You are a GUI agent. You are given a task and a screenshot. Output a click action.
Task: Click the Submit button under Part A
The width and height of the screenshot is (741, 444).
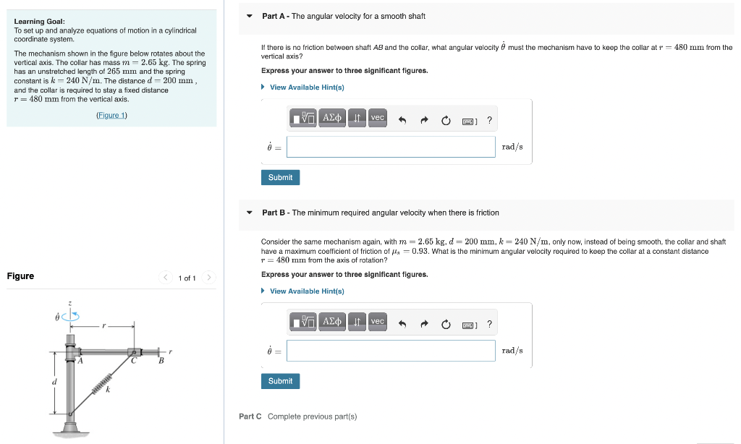(280, 177)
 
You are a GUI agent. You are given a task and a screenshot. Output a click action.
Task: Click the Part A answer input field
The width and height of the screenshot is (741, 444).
(391, 147)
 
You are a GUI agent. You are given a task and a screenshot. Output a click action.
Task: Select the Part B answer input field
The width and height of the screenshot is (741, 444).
(391, 351)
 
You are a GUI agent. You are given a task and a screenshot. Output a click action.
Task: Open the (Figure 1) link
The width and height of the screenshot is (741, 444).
(111, 116)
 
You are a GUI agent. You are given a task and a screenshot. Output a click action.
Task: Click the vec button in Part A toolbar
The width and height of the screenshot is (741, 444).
(378, 118)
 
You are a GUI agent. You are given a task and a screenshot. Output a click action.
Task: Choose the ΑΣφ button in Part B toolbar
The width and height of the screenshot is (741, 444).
(332, 322)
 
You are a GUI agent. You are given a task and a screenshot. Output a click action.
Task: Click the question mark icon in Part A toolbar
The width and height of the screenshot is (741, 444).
(490, 121)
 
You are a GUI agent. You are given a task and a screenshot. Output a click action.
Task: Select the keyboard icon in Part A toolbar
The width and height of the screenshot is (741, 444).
(469, 121)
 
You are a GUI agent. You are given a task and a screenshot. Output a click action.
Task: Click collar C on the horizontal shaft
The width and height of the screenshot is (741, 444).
(134, 352)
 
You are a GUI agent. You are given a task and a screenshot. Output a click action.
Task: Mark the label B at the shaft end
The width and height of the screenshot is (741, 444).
(161, 360)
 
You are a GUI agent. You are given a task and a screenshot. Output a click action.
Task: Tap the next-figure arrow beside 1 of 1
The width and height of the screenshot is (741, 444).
(208, 278)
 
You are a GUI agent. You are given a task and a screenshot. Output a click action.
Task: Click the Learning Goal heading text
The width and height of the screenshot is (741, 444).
(40, 21)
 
